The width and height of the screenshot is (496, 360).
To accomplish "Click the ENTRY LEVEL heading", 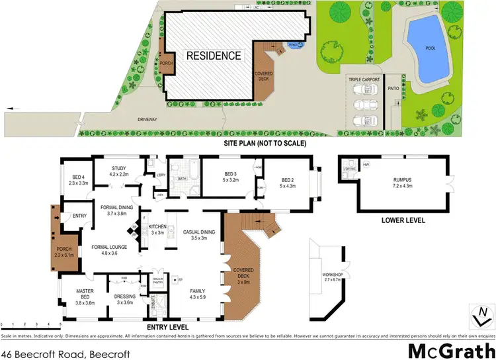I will click(167, 327).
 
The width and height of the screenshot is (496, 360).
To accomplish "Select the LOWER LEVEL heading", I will click(403, 220).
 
